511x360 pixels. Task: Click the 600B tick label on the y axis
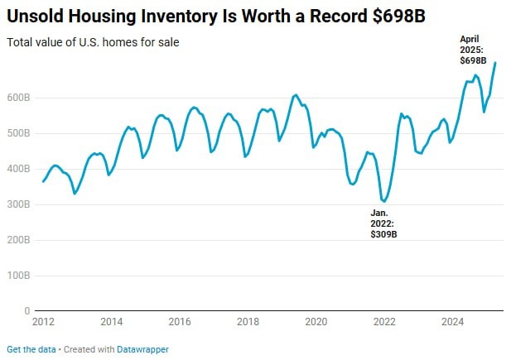pos(19,98)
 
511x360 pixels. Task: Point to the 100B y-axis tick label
pos(19,276)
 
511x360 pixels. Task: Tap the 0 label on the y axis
pos(27,311)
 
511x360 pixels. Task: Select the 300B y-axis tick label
pos(19,204)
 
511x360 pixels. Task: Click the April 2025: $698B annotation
pos(473,50)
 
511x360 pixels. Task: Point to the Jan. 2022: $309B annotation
pos(383,223)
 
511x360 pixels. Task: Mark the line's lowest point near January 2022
pos(384,201)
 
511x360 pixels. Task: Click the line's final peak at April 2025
pos(495,63)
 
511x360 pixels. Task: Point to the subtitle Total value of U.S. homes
pos(92,41)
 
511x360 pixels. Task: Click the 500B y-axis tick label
pos(19,133)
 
